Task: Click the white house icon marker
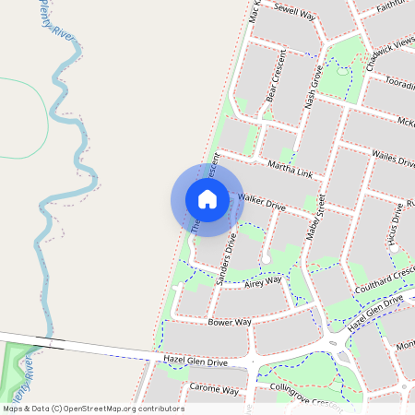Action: (207, 199)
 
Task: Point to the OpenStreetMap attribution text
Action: (92, 408)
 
